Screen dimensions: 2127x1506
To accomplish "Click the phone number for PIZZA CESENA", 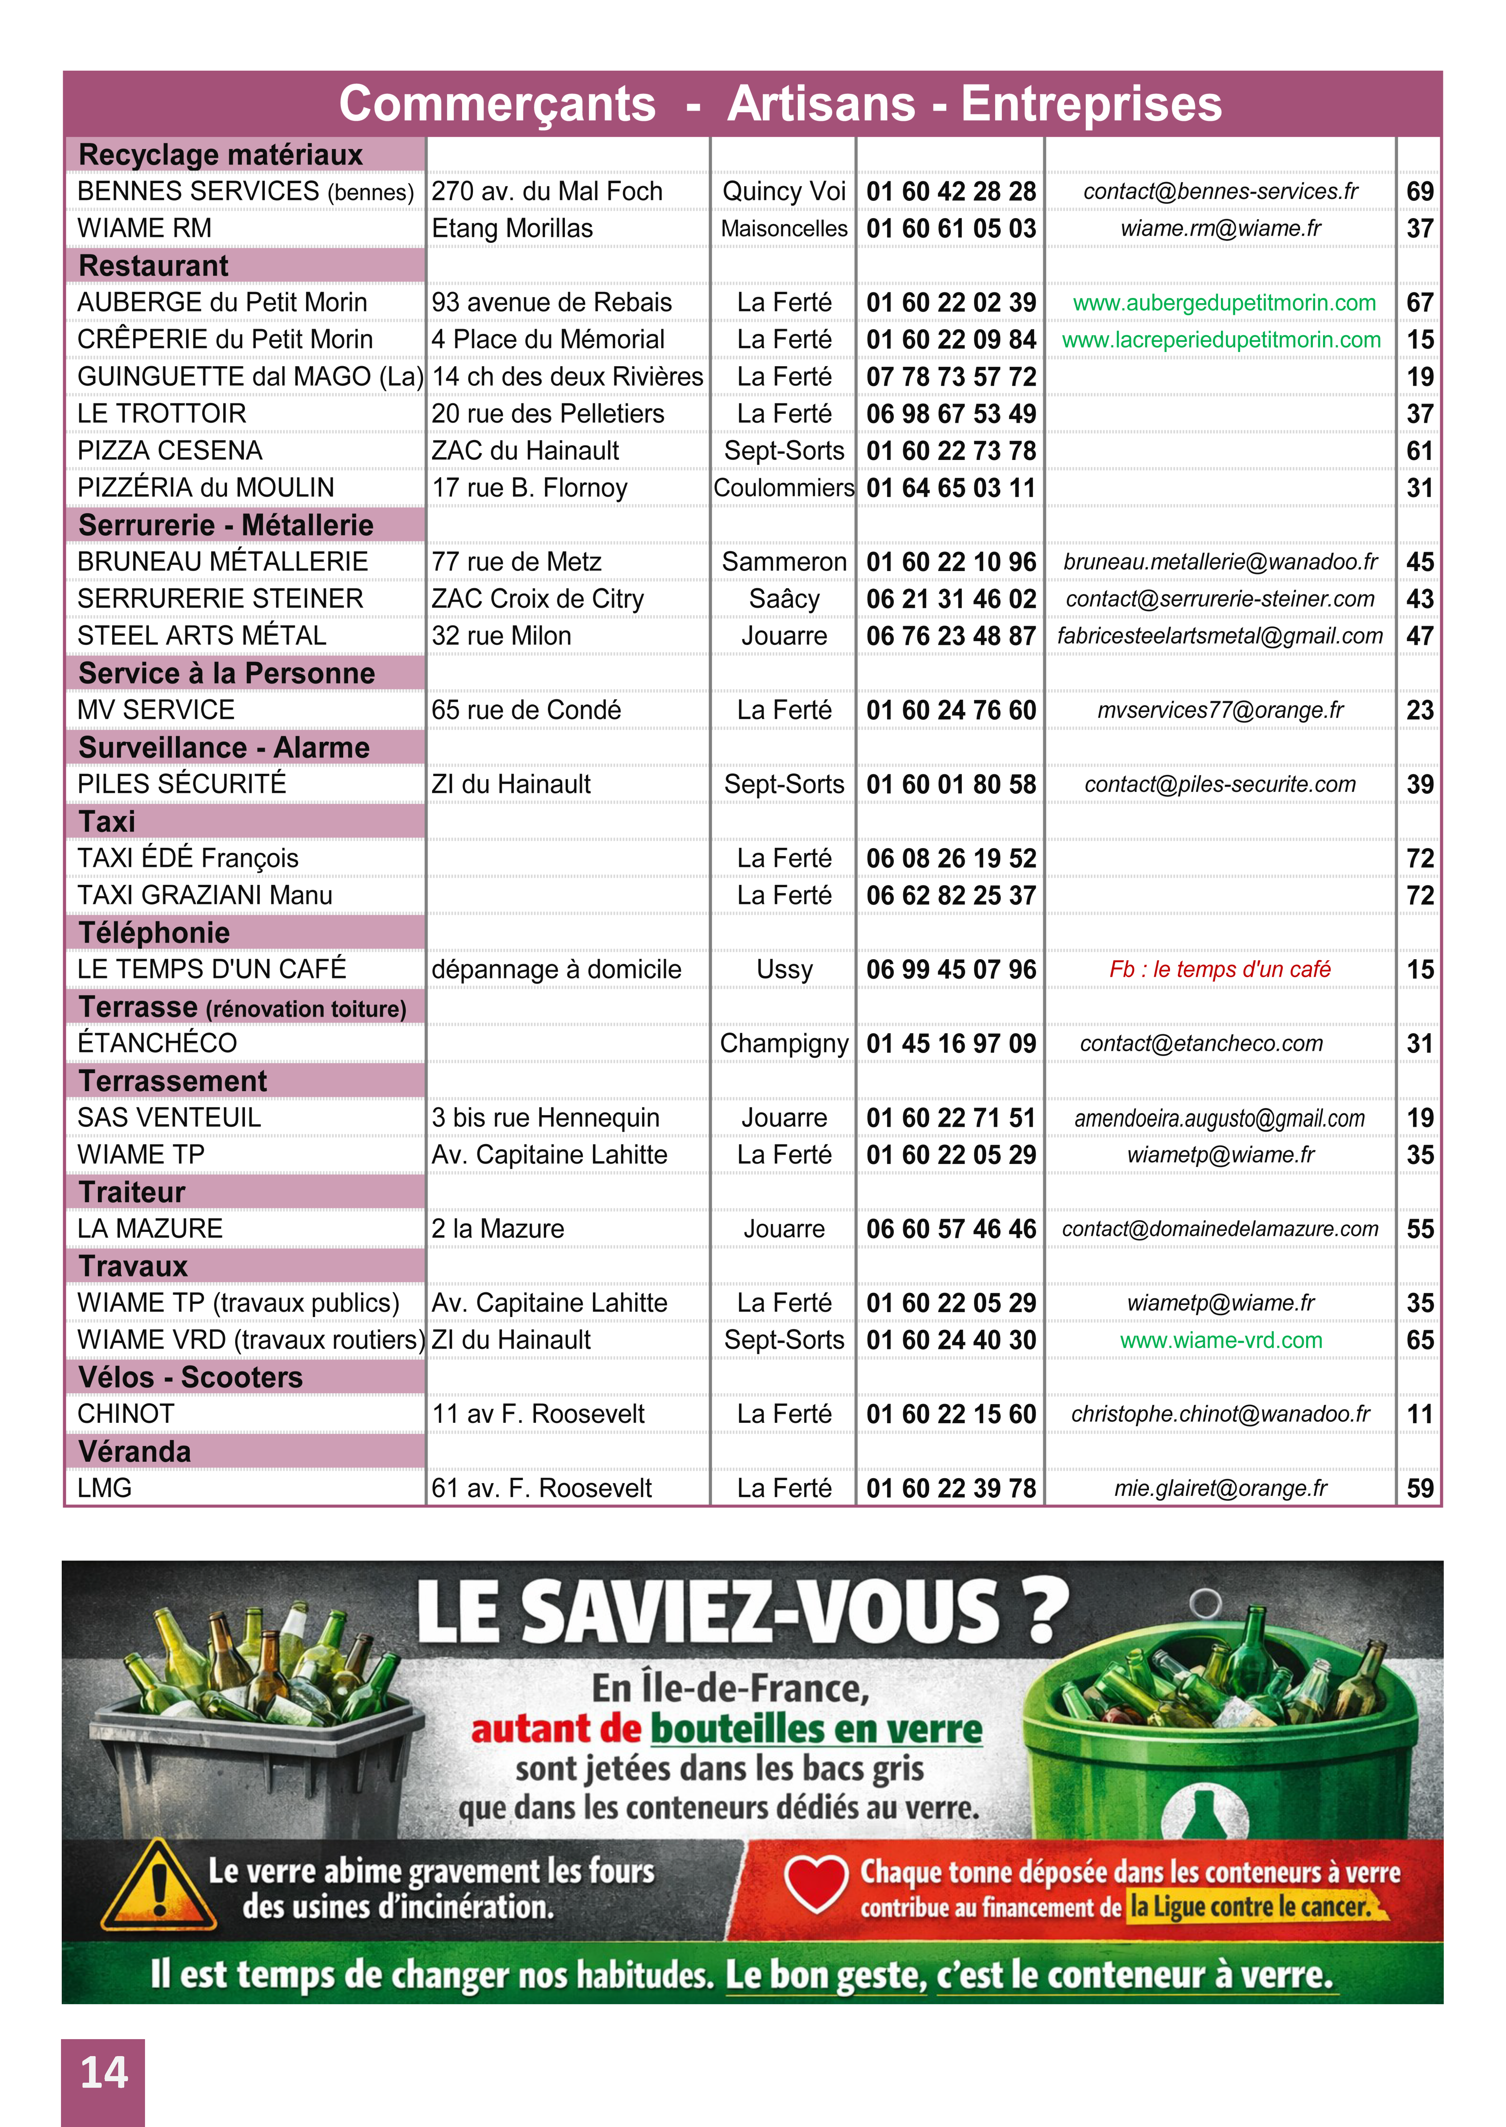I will (x=951, y=451).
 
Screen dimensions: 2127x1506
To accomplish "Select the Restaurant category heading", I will (x=153, y=265).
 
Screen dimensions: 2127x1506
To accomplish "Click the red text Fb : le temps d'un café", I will (x=1220, y=969).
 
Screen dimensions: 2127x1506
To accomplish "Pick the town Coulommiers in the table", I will (x=783, y=488).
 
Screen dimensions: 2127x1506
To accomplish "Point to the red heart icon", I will (x=816, y=1883).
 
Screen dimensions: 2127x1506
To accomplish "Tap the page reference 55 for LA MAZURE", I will (x=1420, y=1229).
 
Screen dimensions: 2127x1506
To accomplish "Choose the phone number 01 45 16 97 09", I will (x=951, y=1043).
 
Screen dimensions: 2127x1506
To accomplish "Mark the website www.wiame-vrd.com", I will (x=1220, y=1341).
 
